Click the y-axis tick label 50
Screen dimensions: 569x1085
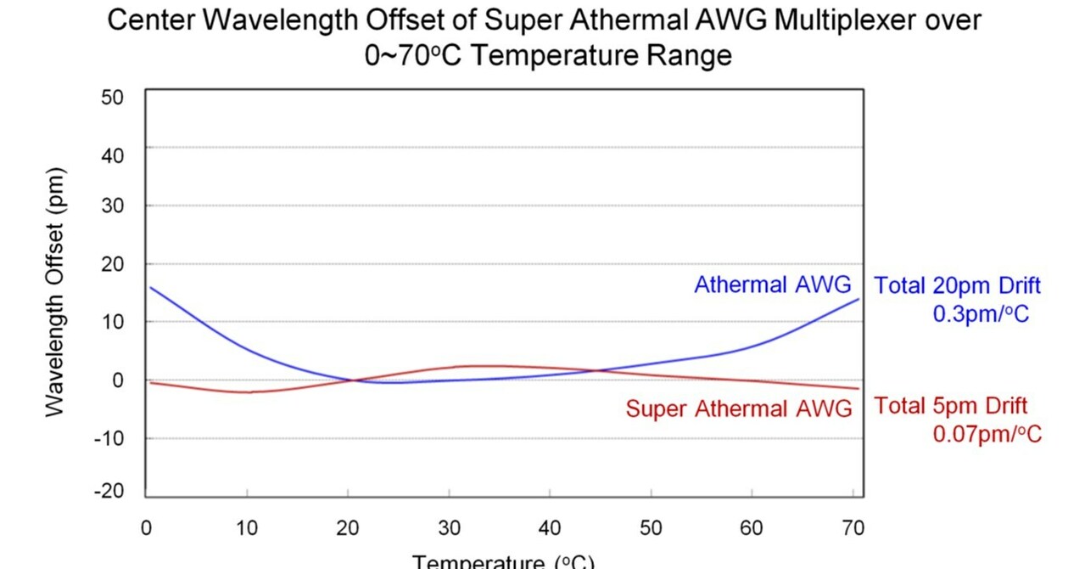coord(112,97)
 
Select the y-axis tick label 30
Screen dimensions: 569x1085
coord(112,206)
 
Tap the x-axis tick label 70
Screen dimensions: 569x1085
coord(853,528)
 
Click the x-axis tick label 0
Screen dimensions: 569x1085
coord(146,528)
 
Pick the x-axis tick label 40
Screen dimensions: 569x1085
coord(550,528)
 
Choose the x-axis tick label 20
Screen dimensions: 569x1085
coord(348,528)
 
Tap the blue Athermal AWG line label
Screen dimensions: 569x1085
coord(772,285)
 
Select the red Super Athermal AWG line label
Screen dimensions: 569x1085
coord(738,409)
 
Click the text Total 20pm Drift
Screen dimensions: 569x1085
coord(957,285)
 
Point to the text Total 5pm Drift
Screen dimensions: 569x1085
coord(950,406)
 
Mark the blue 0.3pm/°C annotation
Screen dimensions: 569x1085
coord(981,314)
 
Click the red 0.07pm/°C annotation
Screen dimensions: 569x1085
coord(987,435)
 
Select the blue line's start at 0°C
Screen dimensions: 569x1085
coord(150,287)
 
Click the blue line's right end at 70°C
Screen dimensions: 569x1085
coord(858,299)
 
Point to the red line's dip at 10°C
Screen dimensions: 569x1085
coord(247,392)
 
